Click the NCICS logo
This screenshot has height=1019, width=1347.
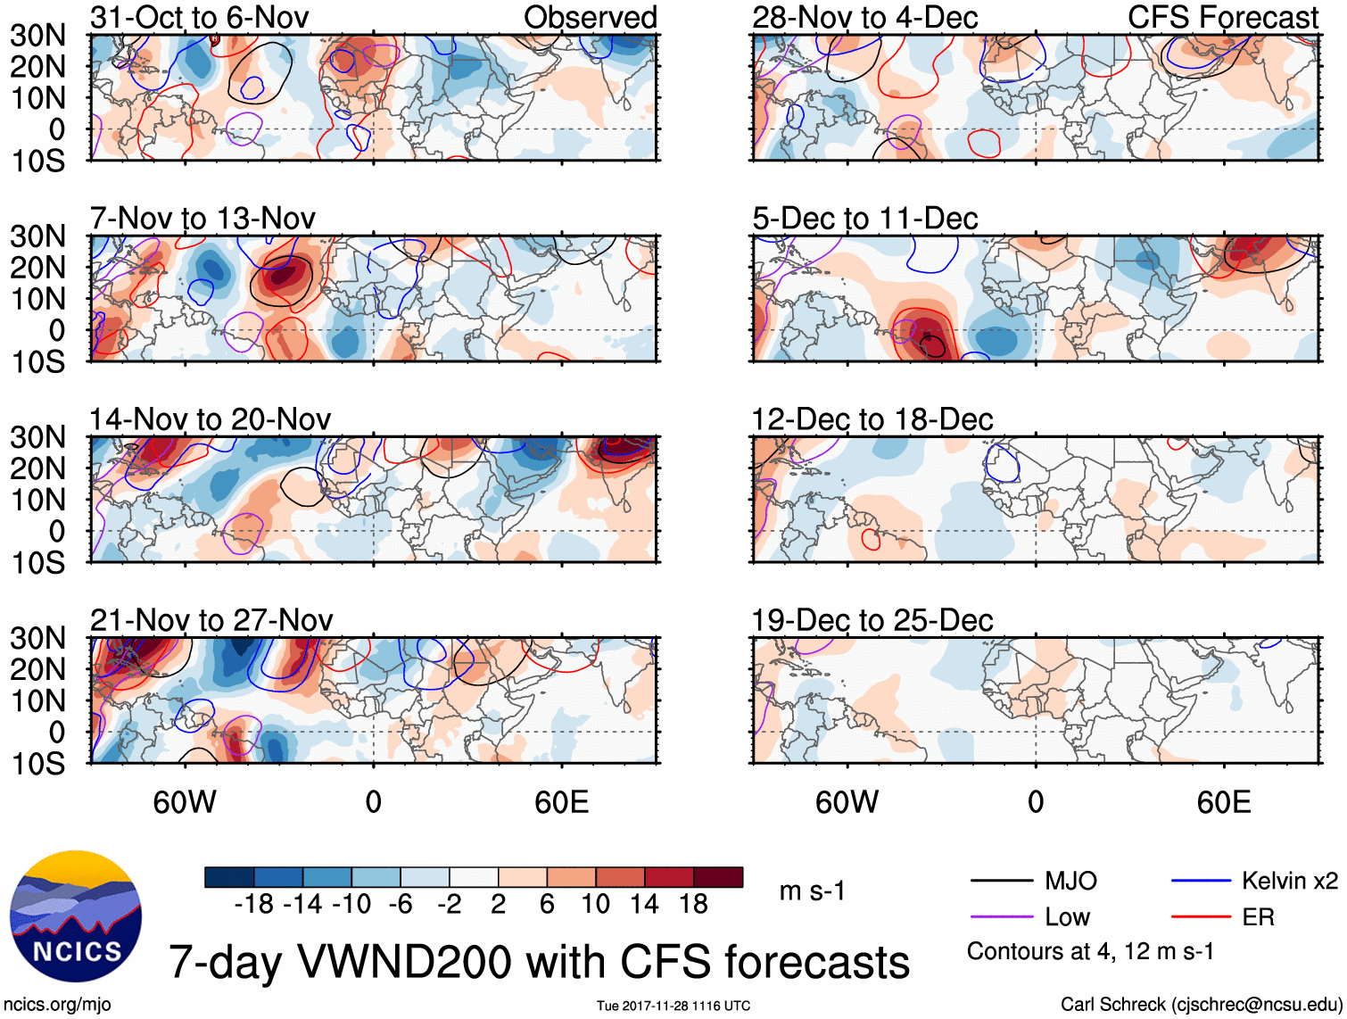click(76, 916)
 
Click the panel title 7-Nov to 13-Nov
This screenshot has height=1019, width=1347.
click(202, 219)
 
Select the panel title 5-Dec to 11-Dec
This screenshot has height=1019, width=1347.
click(864, 219)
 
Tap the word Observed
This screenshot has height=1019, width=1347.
click(590, 18)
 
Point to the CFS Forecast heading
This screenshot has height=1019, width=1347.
click(1222, 18)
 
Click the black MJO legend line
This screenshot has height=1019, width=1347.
click(1001, 882)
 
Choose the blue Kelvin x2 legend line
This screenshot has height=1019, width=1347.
click(1201, 882)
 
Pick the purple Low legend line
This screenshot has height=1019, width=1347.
click(1001, 917)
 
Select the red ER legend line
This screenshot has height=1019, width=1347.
click(1201, 917)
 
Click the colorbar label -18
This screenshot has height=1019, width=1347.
click(254, 905)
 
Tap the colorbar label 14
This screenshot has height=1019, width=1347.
click(644, 905)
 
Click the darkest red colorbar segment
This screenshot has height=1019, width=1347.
click(718, 877)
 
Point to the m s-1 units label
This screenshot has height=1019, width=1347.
click(812, 891)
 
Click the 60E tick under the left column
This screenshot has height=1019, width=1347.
click(561, 802)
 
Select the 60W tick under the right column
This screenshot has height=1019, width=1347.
click(847, 802)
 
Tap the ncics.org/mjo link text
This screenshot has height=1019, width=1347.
click(57, 1005)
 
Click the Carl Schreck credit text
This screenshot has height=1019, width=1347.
click(1201, 1005)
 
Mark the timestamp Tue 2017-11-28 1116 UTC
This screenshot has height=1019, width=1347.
click(673, 1007)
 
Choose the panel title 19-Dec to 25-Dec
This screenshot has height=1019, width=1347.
click(872, 620)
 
